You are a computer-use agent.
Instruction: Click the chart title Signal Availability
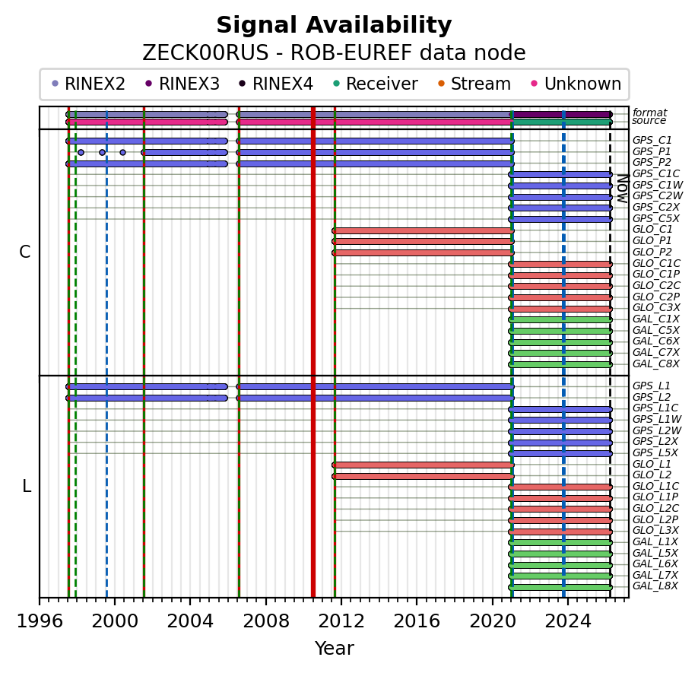point(334,26)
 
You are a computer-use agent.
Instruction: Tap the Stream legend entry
point(480,84)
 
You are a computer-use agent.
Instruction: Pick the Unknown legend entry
point(582,84)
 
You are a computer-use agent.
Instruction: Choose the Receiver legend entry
point(381,84)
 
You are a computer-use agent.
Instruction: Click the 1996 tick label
point(40,621)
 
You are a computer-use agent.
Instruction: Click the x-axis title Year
point(334,649)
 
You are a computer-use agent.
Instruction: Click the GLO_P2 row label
point(652,252)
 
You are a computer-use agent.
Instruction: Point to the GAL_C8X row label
point(655,363)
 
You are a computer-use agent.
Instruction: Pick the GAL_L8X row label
point(655,586)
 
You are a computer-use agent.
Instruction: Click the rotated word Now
point(621,188)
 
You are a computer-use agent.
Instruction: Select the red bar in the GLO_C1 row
point(423,230)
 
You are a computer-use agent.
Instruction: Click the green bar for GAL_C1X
point(560,319)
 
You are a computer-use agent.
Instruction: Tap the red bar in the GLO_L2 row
point(423,476)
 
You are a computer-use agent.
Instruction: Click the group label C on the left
point(25,252)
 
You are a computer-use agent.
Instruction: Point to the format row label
point(649,113)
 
